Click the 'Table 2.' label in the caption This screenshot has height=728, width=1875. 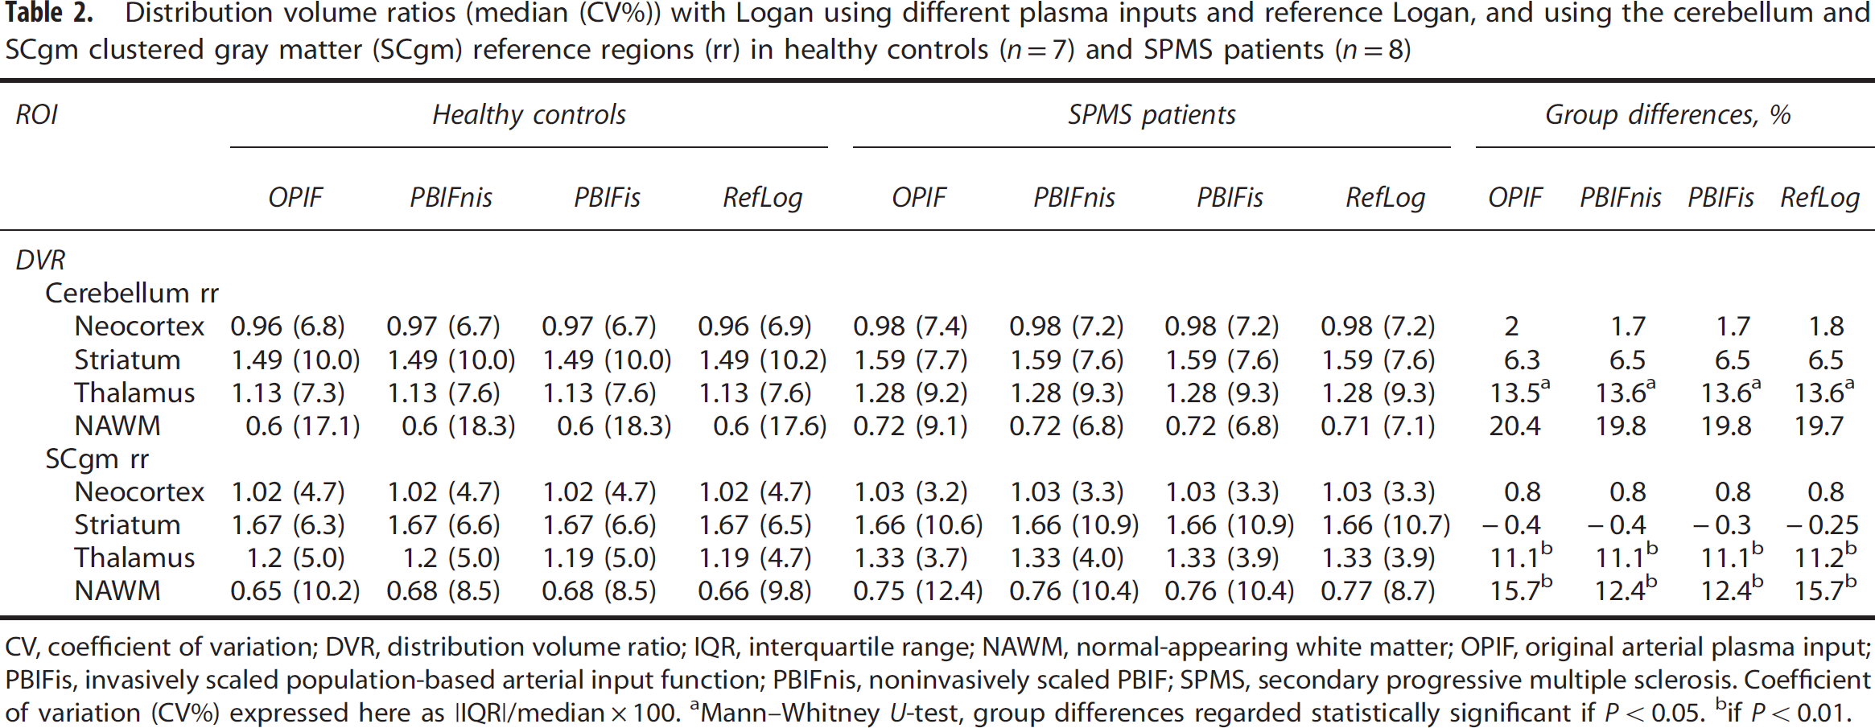49,14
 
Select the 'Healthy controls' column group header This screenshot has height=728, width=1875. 529,115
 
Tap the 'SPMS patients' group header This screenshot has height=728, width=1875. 1152,115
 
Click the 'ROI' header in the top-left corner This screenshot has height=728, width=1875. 36,115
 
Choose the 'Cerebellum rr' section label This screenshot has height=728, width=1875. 132,294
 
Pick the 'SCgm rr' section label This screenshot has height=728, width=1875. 97,459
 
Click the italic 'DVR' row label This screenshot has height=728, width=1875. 40,260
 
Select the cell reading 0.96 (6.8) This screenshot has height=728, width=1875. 287,327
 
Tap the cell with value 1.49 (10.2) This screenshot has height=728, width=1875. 762,360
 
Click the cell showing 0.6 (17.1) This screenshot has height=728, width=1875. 303,426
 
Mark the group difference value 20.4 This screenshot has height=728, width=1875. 1514,426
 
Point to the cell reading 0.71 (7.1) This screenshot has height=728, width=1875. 1378,426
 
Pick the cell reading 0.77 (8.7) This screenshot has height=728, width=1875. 1378,591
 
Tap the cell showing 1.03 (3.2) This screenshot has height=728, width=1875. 910,492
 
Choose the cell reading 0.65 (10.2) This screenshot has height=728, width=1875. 295,591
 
